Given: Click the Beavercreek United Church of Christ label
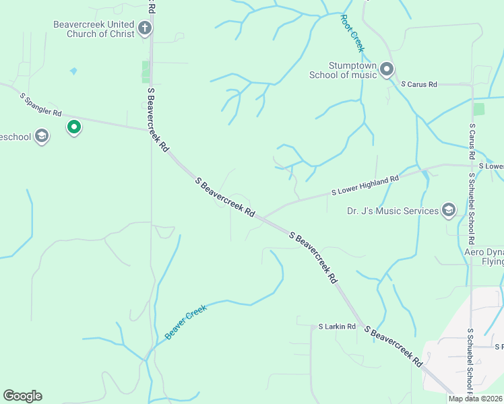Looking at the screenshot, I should click(x=94, y=29).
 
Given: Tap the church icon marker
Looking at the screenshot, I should click(x=144, y=28).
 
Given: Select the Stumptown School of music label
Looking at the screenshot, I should click(x=343, y=70).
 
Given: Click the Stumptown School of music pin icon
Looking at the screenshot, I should click(x=387, y=69).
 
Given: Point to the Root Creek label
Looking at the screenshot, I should click(x=352, y=33).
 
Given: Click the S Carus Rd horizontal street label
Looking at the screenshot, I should click(x=418, y=85).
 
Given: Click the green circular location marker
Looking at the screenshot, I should click(x=74, y=127).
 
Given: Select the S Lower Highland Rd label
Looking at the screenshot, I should click(x=365, y=185).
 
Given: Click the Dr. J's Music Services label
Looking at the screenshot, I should click(x=393, y=211).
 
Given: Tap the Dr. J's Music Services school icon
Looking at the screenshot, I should click(x=449, y=211).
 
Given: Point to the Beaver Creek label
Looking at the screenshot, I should click(x=185, y=322).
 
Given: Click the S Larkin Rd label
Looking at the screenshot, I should click(x=337, y=327).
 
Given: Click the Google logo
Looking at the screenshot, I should click(x=22, y=396).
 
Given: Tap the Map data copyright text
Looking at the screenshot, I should click(x=476, y=399).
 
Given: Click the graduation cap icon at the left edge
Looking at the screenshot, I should click(x=42, y=137).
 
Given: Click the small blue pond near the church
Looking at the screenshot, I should click(x=73, y=71).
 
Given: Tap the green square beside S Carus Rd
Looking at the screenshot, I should click(x=479, y=109).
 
